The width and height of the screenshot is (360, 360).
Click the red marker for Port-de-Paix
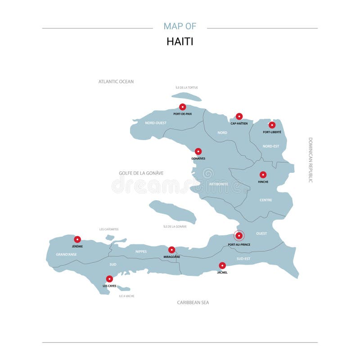(182, 107)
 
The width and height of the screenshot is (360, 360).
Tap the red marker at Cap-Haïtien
(239, 117)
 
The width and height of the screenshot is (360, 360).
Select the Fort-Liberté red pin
(272, 125)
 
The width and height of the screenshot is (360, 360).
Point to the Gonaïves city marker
(198, 152)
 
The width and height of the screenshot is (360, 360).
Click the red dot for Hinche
(263, 175)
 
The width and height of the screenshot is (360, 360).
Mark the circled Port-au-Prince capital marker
(239, 235)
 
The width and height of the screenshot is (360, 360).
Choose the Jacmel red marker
(222, 265)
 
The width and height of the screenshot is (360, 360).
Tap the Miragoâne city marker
(171, 250)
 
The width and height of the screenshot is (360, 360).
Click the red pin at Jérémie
(77, 239)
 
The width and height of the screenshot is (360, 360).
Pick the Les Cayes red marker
(109, 279)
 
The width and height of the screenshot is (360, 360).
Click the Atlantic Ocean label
(116, 81)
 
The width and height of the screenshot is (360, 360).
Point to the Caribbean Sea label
(193, 302)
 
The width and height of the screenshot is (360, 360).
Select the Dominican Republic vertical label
(310, 160)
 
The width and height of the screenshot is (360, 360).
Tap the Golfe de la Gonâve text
(141, 173)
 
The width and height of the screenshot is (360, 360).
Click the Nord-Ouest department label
(156, 123)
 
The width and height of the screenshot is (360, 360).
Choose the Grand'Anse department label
(66, 254)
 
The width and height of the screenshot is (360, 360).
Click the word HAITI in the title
(180, 41)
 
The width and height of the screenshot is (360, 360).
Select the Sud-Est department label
(243, 259)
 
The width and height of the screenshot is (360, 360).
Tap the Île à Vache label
(126, 296)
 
